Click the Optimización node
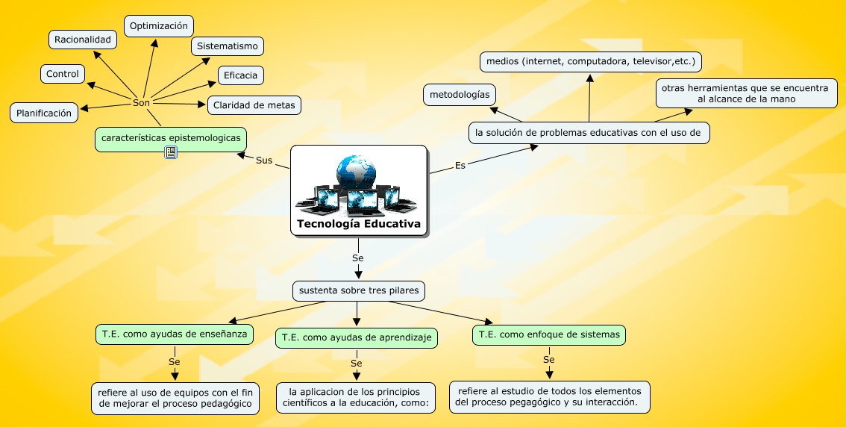159,26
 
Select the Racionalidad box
83,40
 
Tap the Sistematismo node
227,46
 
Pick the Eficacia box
241,75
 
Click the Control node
63,74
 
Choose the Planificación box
44,113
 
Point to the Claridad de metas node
254,105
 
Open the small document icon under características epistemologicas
171,153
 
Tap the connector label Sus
264,160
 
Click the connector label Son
141,102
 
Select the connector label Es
460,165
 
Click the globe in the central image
356,171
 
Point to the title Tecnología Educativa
359,223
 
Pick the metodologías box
460,95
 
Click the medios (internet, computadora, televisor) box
591,61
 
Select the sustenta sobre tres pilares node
359,290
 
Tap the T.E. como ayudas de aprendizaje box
357,338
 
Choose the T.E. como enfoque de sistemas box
549,334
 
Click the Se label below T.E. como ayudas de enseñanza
175,362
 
